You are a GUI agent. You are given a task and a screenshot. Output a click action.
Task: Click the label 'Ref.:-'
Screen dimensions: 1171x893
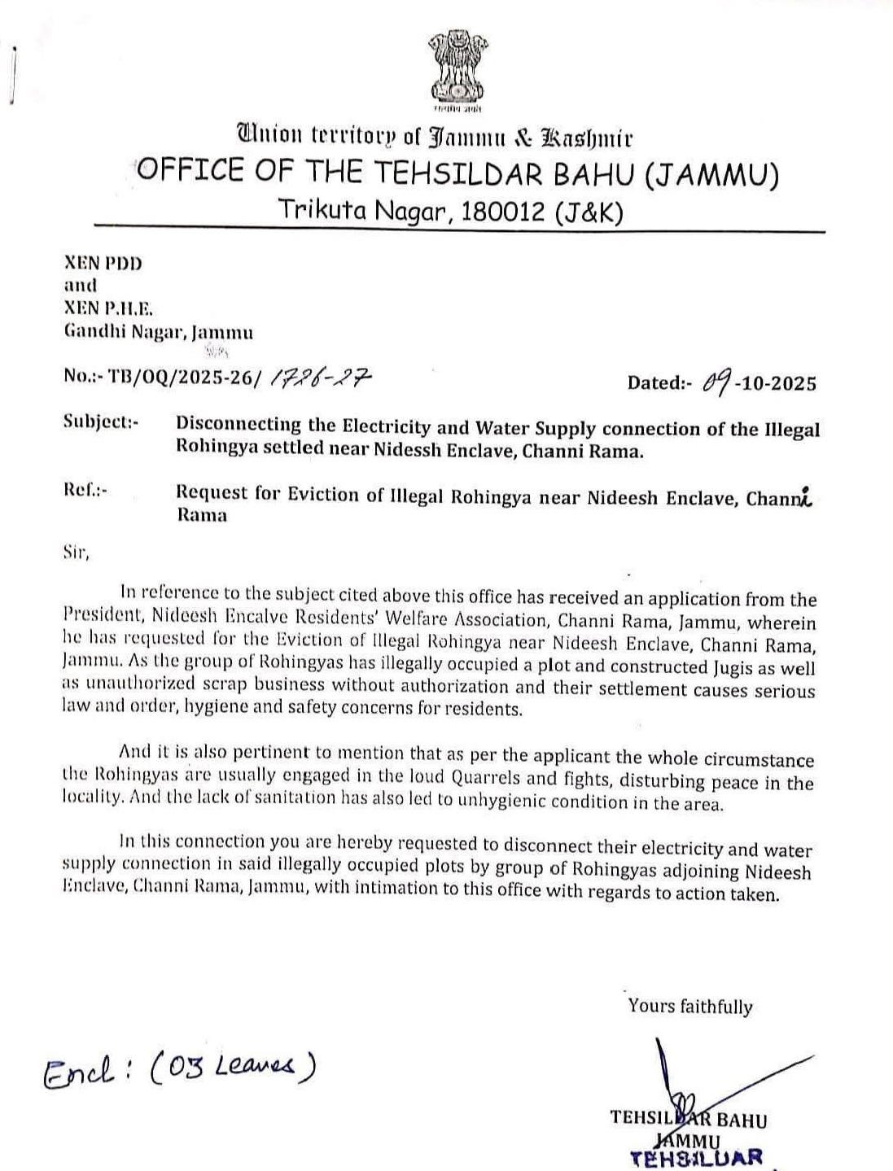(x=85, y=490)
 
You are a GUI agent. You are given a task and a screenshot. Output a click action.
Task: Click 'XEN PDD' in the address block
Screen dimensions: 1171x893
(x=103, y=264)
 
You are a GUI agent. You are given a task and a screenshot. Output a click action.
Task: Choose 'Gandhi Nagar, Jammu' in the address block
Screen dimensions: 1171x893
(x=159, y=332)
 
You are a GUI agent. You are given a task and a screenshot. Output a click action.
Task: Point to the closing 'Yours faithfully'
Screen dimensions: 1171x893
(x=689, y=1007)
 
